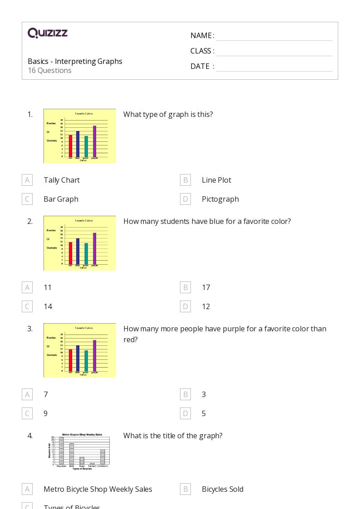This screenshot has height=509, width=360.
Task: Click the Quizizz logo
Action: point(48,33)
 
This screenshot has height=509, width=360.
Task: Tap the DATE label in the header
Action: point(200,66)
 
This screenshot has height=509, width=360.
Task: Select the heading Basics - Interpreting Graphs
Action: point(75,61)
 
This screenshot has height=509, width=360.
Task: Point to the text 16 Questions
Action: point(49,70)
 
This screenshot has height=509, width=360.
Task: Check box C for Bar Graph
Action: point(27,199)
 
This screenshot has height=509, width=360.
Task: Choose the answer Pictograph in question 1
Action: point(220,199)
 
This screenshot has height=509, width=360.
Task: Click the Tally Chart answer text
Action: point(62,180)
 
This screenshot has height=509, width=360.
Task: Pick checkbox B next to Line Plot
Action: point(185,180)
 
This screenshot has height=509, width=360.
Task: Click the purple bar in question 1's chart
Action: point(95,141)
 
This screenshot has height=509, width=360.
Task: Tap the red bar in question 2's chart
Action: point(71,252)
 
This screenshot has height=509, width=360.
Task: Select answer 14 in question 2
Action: point(48,306)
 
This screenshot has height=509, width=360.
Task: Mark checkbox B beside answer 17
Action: point(185,287)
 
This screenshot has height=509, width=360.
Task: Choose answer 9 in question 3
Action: point(45,413)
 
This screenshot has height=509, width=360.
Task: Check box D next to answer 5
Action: point(185,413)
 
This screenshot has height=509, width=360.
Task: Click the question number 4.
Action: point(30,436)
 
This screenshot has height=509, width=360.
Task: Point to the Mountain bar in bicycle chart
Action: point(61,451)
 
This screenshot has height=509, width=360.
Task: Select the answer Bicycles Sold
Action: point(223,489)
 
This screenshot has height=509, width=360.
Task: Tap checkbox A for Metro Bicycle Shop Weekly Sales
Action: point(27,489)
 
